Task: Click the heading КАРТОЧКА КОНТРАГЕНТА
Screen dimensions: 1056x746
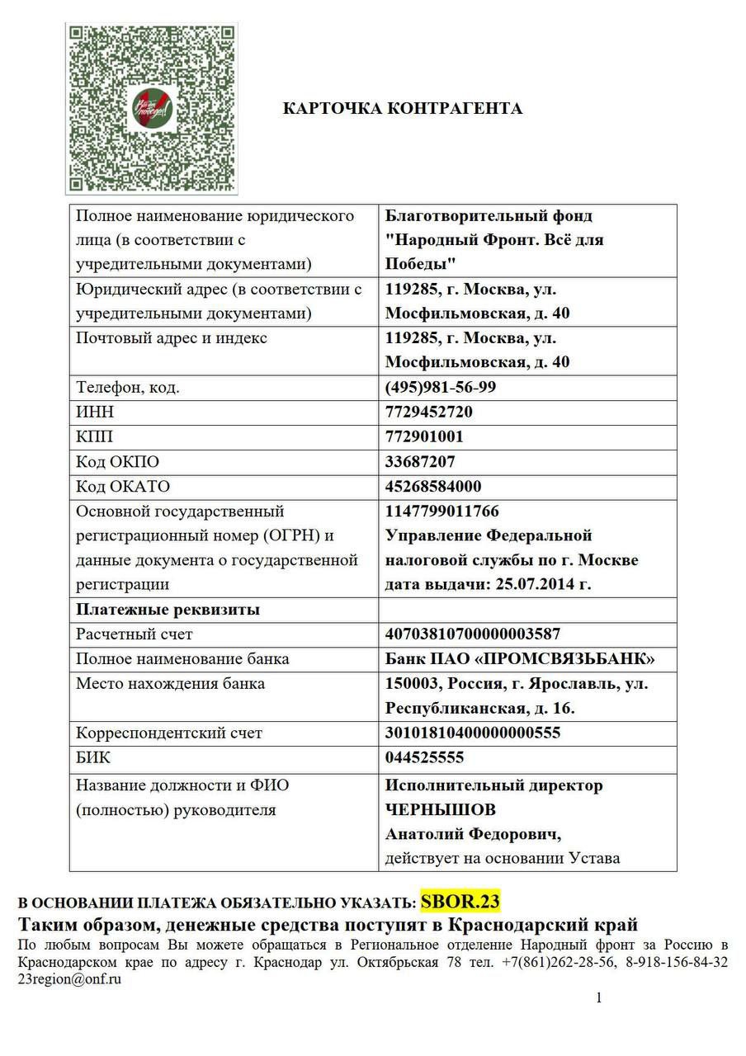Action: [x=403, y=108]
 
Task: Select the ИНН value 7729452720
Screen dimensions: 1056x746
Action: [x=429, y=412]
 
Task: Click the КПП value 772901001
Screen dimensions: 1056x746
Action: [x=424, y=436]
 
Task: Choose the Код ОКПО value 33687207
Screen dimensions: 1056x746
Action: [x=420, y=461]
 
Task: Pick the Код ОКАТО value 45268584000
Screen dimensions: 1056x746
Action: [x=433, y=486]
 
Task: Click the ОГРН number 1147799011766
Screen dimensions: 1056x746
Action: [x=442, y=511]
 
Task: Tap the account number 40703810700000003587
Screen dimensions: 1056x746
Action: [x=473, y=634]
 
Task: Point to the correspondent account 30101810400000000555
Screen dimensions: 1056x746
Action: [x=473, y=733]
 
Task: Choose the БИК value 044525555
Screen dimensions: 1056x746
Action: [x=424, y=757]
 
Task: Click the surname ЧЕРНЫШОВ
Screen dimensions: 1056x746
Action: [x=441, y=809]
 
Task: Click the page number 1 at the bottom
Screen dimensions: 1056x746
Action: [x=599, y=998]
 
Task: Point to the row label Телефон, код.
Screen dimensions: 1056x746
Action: [x=128, y=387]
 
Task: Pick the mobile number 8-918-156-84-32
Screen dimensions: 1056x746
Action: [x=677, y=962]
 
